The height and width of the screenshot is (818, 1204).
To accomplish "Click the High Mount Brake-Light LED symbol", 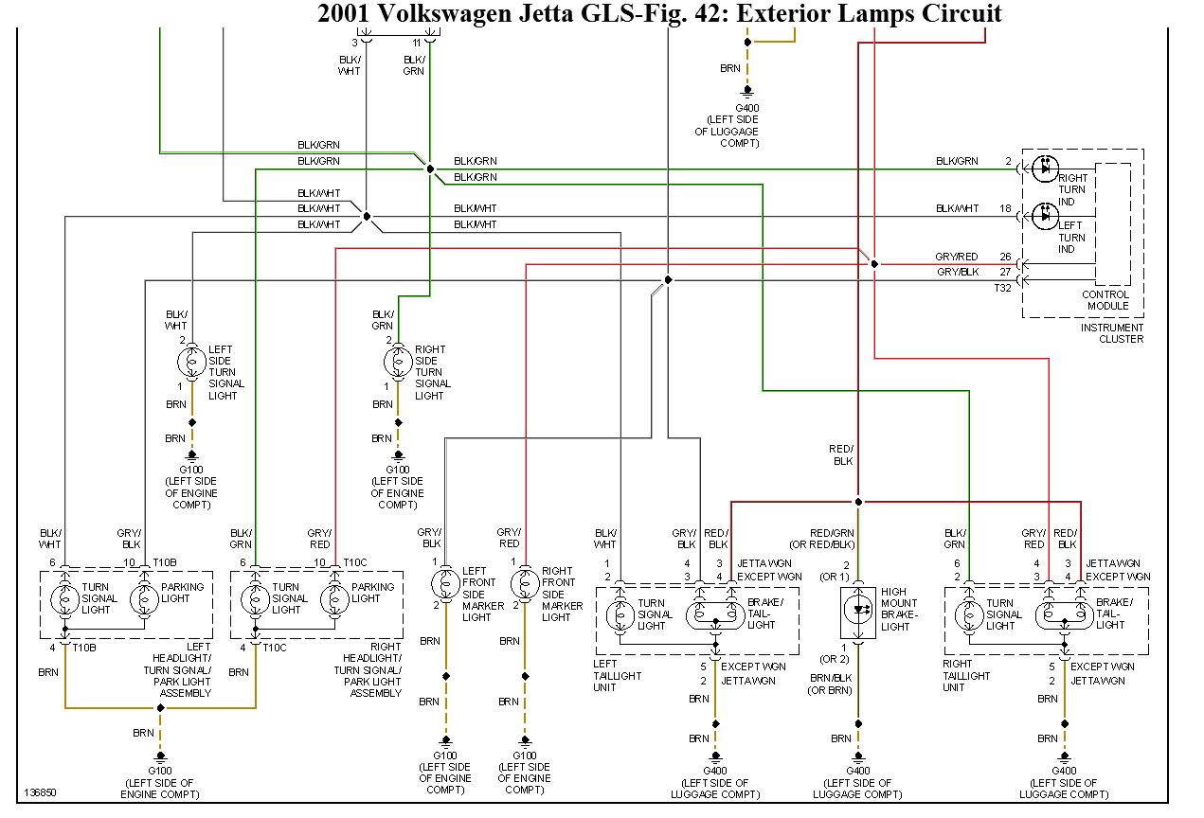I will point(858,609).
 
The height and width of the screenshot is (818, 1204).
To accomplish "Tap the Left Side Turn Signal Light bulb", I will point(191,361).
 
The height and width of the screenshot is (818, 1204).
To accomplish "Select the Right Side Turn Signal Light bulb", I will point(398,361).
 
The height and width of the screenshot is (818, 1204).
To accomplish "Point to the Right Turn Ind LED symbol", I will point(1045,168).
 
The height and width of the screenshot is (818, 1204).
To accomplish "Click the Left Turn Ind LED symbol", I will point(1045,216).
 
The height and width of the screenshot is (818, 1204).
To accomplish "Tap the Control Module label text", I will point(1105,300).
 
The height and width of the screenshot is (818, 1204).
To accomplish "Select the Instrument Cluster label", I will point(1112,333).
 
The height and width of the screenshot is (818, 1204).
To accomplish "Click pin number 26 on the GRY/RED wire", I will point(1005,257).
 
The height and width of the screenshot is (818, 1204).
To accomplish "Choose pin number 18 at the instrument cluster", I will point(1005,208).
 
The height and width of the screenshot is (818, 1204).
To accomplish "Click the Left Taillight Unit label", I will point(619,676).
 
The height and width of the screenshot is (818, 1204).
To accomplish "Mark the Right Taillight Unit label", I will point(966,676).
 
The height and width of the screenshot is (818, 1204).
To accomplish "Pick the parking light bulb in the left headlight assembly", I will point(144,599).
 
